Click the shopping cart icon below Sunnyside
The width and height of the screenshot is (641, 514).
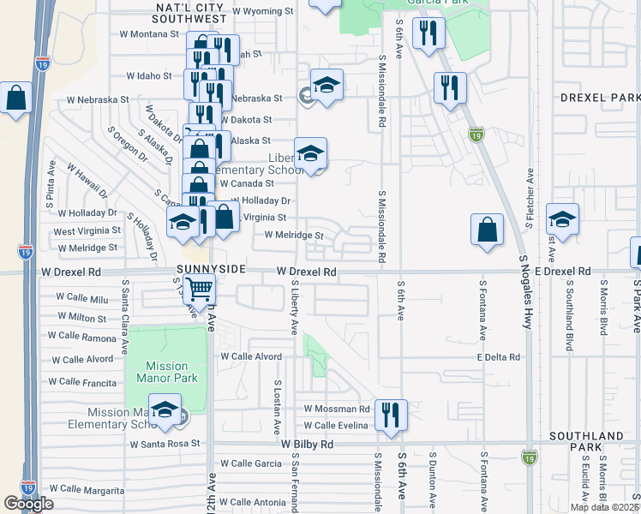[199, 291]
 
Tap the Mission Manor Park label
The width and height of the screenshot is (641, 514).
[165, 371]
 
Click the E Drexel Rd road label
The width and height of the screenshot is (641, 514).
[562, 271]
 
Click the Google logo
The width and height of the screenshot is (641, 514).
[28, 504]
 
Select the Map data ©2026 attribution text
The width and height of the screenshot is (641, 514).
[605, 507]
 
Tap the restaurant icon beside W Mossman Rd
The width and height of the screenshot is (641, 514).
[391, 415]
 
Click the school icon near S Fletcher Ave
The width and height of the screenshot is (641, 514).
[562, 220]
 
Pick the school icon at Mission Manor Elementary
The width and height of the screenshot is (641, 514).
[165, 409]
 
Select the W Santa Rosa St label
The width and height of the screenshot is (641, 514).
[165, 444]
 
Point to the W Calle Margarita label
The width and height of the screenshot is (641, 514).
[85, 491]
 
